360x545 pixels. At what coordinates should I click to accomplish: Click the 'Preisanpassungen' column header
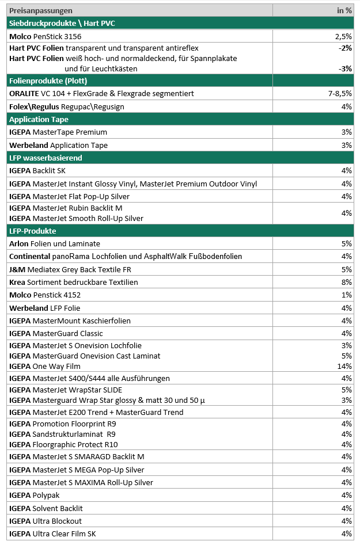(x=40, y=11)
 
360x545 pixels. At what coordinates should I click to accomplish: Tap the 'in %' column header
(x=344, y=11)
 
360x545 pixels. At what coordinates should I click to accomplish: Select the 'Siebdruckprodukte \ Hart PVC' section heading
(x=61, y=24)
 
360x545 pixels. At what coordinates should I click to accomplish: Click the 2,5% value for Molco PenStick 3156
(x=343, y=36)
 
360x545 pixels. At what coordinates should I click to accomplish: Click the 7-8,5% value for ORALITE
(x=339, y=93)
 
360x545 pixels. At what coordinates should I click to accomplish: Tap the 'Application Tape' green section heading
(x=39, y=120)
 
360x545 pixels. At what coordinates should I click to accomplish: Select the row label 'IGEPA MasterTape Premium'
(x=58, y=132)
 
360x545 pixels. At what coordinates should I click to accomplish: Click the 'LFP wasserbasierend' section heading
(x=46, y=158)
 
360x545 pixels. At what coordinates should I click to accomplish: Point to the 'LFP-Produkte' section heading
(x=32, y=231)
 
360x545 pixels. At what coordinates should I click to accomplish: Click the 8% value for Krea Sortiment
(x=346, y=283)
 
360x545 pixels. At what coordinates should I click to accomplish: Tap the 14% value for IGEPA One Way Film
(x=344, y=366)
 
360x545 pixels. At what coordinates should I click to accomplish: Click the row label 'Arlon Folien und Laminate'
(x=55, y=244)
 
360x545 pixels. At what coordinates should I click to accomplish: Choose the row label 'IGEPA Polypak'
(x=35, y=496)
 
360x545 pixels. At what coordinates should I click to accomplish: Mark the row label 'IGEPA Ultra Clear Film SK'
(x=53, y=534)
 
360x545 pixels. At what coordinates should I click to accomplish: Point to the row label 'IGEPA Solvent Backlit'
(x=46, y=508)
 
